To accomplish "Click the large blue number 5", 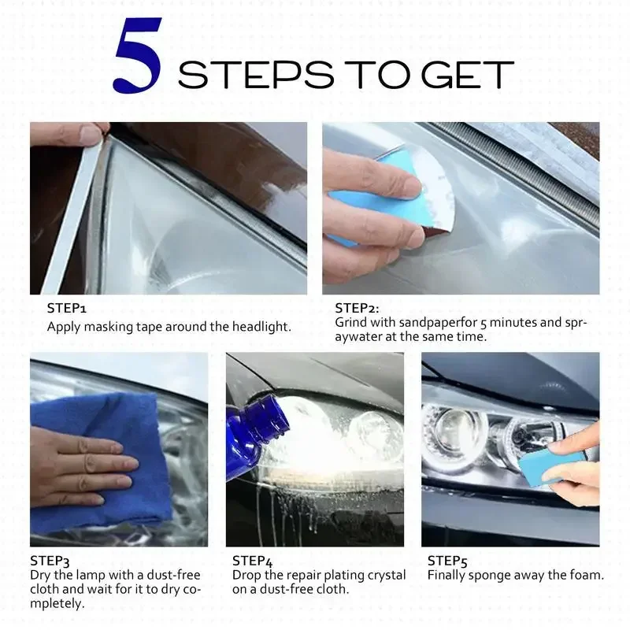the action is pos(139,55).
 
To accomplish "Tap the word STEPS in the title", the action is pos(256,75).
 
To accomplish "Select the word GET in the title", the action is pos(468,75).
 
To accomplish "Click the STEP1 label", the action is pos(67,308).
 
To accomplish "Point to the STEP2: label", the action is pos(357,308).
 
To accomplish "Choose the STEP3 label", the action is pos(50,561).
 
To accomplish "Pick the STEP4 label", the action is pos(252,561).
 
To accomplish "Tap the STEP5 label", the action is pos(447,561).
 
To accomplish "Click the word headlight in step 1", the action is pos(261,326).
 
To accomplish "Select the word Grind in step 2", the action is pos(350,322).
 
